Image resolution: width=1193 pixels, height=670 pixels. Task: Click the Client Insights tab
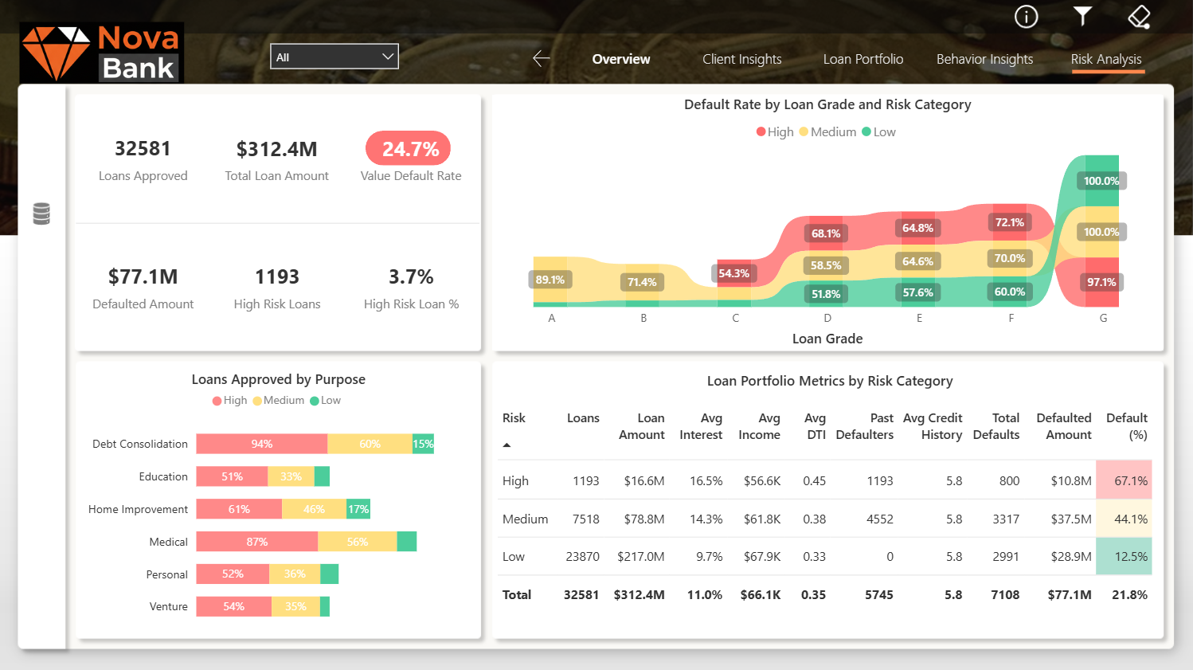(x=742, y=59)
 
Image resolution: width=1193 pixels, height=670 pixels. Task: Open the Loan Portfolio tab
(x=862, y=59)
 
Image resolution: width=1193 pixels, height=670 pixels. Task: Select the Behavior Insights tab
(x=985, y=59)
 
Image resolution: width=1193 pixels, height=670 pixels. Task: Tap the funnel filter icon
(x=1082, y=16)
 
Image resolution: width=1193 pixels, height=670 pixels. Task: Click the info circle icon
(x=1026, y=17)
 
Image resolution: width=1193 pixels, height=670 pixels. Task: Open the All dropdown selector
(x=334, y=57)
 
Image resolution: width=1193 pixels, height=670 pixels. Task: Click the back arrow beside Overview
(x=541, y=59)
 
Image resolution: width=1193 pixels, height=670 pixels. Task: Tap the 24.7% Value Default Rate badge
(x=408, y=149)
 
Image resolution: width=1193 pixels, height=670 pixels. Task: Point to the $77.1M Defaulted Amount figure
(x=143, y=277)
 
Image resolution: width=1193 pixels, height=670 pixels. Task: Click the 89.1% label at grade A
(x=550, y=280)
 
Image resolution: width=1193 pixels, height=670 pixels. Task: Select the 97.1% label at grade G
(x=1101, y=282)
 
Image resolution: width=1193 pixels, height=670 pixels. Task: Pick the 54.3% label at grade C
(x=734, y=274)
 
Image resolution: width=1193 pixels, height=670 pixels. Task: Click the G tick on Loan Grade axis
(x=1103, y=319)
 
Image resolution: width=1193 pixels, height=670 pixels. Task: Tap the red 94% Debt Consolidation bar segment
(x=261, y=445)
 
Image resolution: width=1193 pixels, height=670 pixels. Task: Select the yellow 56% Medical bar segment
(x=358, y=542)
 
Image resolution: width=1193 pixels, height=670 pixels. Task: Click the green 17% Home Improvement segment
(x=358, y=509)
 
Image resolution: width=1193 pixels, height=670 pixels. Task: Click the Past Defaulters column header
(x=864, y=426)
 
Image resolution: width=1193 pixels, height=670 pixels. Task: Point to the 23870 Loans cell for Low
(x=582, y=557)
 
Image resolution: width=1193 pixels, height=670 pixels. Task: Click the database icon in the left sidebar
(x=41, y=214)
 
